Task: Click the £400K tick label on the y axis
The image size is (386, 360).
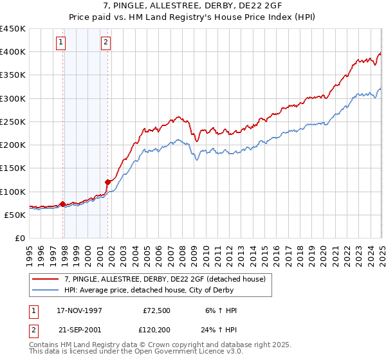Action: tap(13, 52)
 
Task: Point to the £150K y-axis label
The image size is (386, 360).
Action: tap(13, 168)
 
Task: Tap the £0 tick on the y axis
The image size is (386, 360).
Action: tap(20, 239)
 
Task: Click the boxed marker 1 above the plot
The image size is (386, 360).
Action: tap(60, 43)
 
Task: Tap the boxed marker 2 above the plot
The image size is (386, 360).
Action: tap(105, 43)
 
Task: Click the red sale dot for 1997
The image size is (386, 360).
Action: tap(62, 204)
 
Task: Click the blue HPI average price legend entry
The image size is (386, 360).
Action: tap(155, 291)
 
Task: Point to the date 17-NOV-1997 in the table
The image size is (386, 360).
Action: tap(79, 310)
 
